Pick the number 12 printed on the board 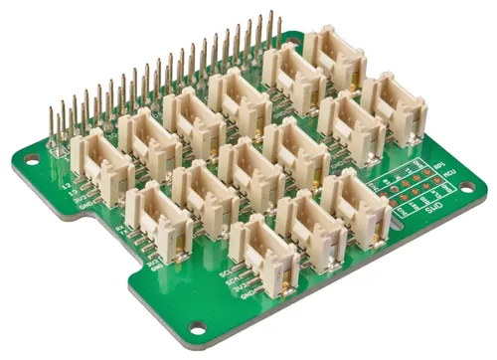(67, 185)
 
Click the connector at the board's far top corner (334, 58)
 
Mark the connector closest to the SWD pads (356, 206)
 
